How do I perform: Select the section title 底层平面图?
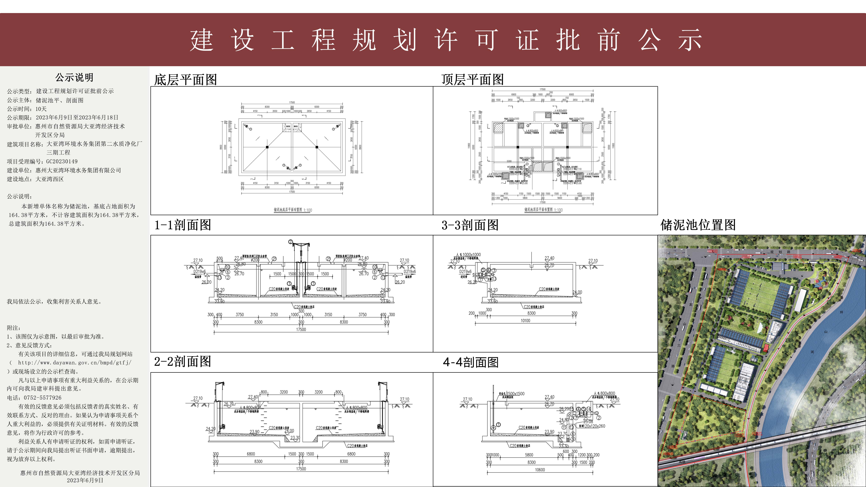[x=185, y=80]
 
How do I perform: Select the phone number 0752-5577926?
[x=43, y=398]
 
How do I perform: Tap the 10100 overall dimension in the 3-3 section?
[x=525, y=321]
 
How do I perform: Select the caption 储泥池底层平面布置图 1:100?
[x=292, y=210]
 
